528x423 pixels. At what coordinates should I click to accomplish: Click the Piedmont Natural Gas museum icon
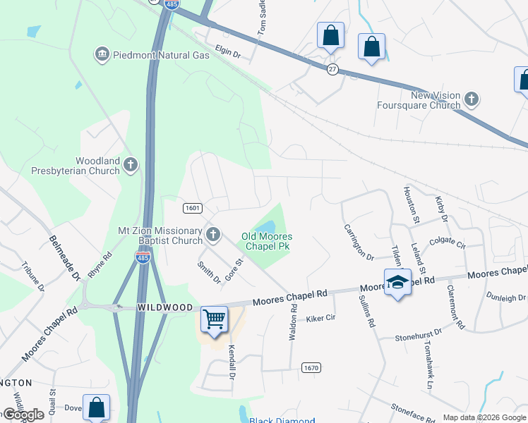click(x=102, y=54)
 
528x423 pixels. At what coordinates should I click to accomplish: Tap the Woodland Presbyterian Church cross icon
click(x=130, y=165)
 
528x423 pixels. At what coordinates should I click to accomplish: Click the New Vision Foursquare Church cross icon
click(x=472, y=99)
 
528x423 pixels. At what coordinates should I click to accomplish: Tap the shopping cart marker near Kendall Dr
click(x=214, y=319)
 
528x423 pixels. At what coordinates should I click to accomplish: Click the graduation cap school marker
click(x=397, y=282)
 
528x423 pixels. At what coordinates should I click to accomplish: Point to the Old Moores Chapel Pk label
click(x=267, y=241)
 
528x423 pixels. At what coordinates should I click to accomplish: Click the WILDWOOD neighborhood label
click(x=165, y=307)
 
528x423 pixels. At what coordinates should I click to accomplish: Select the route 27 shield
click(x=332, y=68)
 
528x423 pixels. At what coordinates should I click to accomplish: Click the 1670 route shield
click(x=311, y=368)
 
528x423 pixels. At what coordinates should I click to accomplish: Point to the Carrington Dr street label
click(x=358, y=241)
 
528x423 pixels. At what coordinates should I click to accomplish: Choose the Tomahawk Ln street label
click(x=428, y=364)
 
